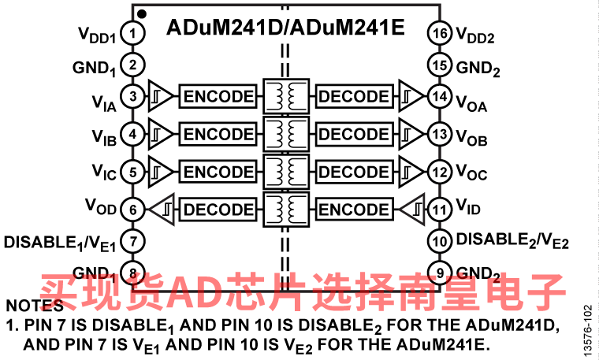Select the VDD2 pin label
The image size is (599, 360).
tap(475, 35)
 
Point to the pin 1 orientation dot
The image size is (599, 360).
tap(142, 14)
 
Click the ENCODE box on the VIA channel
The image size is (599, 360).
tap(218, 96)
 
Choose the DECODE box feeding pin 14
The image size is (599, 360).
tap(354, 96)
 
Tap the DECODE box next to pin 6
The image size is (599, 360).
tap(218, 210)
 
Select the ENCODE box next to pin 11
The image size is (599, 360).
tap(354, 210)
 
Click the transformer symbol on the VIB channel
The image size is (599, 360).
tap(286, 134)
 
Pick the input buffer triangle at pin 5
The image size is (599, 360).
tap(161, 172)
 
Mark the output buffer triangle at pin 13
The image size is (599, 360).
tap(411, 134)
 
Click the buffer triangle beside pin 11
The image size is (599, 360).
tap(411, 210)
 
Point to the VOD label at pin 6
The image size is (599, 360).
tap(100, 206)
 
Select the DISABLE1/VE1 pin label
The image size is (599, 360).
tap(60, 243)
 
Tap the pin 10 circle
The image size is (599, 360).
tap(440, 241)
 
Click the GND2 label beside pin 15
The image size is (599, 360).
tap(478, 69)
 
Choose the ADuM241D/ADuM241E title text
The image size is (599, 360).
tap(285, 28)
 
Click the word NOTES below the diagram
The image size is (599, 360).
tap(35, 306)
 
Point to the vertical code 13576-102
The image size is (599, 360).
tap(589, 331)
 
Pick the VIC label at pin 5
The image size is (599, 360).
tap(104, 172)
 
